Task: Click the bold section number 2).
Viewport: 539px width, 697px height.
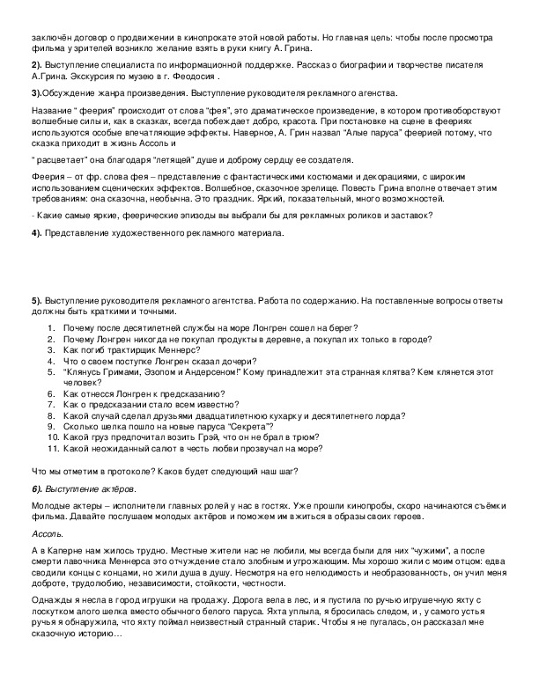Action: coord(36,66)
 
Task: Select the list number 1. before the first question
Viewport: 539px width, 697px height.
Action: coord(52,327)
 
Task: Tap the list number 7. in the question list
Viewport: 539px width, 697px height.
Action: coord(52,404)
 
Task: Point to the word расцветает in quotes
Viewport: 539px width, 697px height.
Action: coord(59,159)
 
